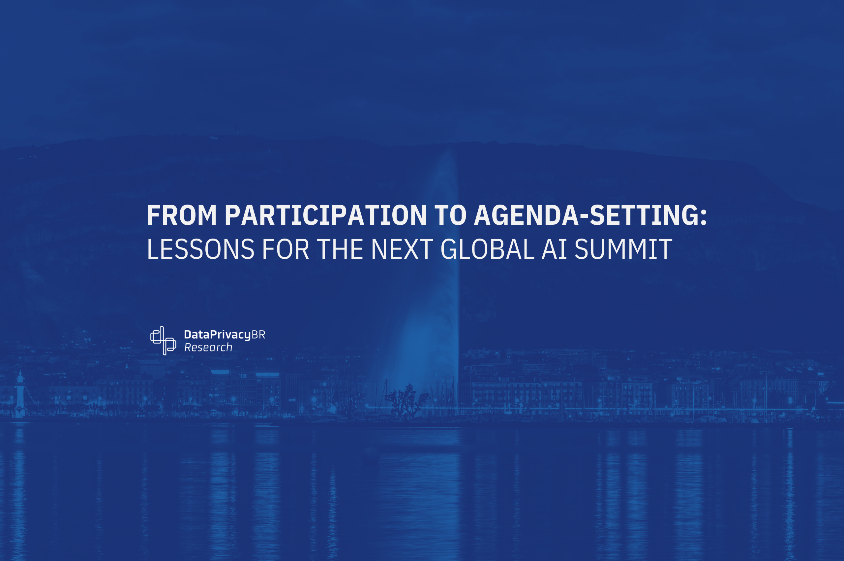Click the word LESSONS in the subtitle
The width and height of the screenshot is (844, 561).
click(x=200, y=249)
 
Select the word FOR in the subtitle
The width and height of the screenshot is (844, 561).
click(x=286, y=249)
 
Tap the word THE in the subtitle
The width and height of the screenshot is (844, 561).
click(x=340, y=249)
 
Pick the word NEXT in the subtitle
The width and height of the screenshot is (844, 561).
click(x=402, y=249)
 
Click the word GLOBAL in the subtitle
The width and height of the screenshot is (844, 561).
click(x=488, y=249)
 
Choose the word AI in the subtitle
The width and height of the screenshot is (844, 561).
click(x=555, y=249)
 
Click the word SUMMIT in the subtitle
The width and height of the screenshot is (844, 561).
click(x=623, y=249)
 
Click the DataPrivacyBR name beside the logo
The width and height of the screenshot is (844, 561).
click(x=225, y=335)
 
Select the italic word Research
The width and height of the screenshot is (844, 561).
click(x=208, y=347)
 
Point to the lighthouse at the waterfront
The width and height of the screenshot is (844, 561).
click(x=20, y=394)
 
